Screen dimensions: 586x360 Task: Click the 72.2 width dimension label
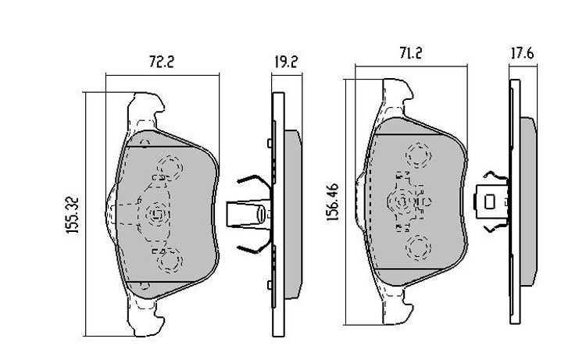[x=162, y=62]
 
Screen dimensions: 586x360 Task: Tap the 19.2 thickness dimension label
[x=286, y=62]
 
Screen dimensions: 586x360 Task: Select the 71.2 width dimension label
[x=411, y=53]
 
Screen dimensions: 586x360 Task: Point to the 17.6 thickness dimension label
[x=523, y=53]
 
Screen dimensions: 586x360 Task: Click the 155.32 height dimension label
[x=73, y=215]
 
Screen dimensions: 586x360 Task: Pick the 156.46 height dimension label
[x=333, y=201]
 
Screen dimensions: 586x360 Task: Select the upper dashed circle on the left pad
[x=170, y=167]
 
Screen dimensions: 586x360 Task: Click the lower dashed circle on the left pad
[x=170, y=260]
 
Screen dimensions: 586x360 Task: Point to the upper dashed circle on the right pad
[x=418, y=155]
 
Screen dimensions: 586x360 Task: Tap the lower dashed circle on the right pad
[x=418, y=248]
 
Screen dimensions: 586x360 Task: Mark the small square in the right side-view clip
[x=489, y=201]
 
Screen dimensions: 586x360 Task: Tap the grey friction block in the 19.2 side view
[x=293, y=214]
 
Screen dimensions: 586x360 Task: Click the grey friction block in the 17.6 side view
[x=528, y=201]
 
